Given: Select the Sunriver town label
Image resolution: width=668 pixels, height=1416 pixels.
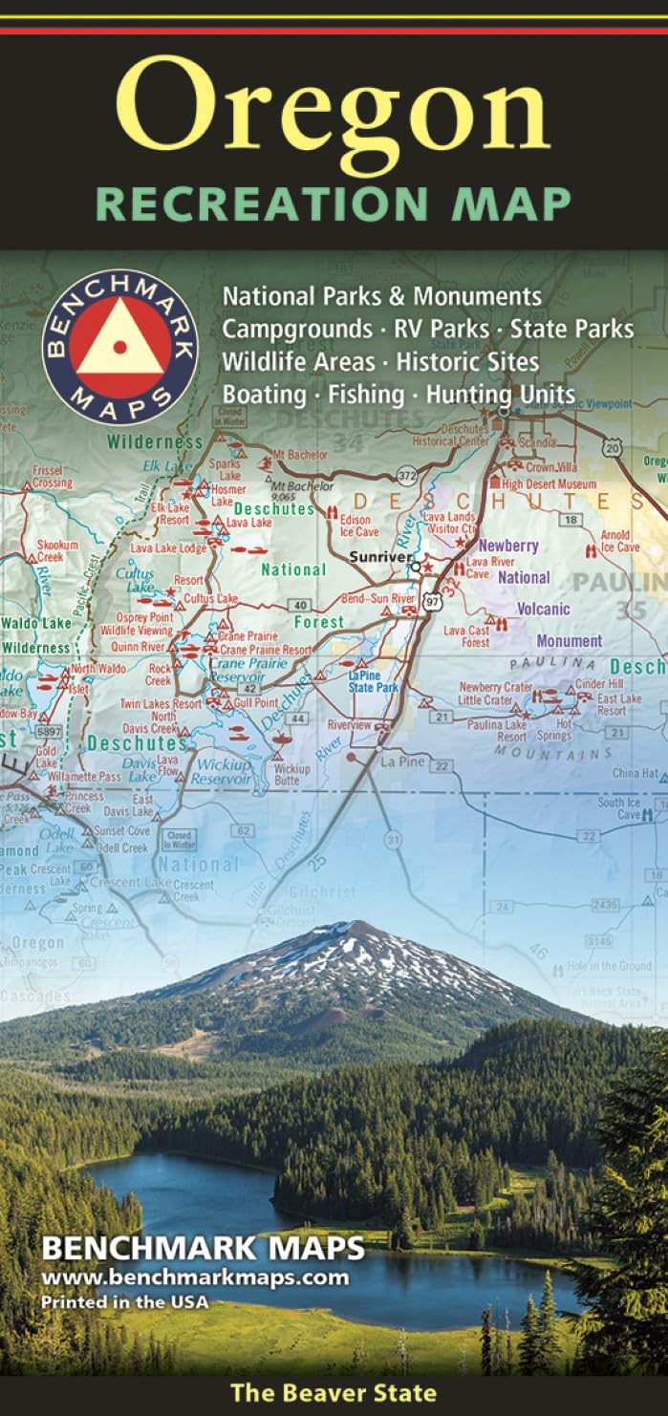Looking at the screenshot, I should click(379, 556).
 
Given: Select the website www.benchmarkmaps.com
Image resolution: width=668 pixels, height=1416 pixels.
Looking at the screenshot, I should click(194, 1277).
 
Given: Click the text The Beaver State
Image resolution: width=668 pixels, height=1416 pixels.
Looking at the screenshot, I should click(334, 1393).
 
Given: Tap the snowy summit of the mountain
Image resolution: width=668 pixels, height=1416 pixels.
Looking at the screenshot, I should click(347, 933).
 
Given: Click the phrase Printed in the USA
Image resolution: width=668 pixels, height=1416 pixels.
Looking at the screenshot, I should click(124, 1301).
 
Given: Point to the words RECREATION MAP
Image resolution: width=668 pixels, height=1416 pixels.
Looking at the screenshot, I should click(334, 204).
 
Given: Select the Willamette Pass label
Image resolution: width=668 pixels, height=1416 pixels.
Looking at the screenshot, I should click(84, 778).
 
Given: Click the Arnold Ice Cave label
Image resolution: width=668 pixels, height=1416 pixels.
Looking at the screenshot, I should click(620, 541).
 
